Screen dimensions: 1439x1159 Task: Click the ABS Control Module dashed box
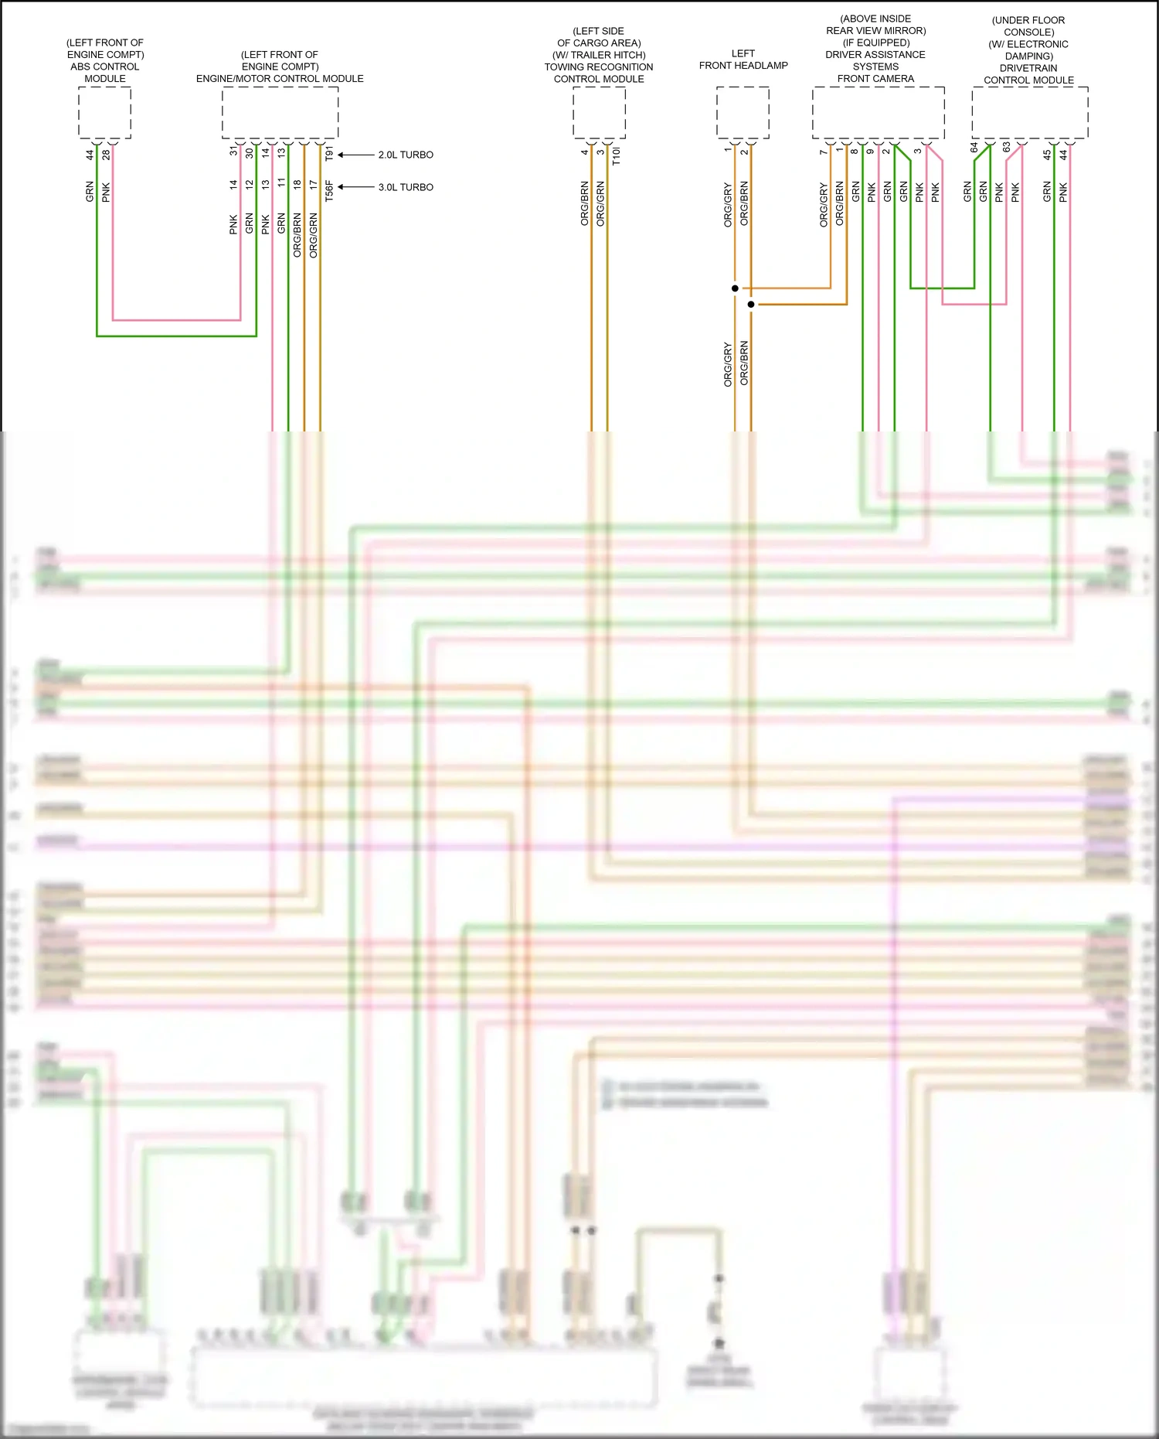point(104,113)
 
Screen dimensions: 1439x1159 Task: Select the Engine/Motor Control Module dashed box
point(280,113)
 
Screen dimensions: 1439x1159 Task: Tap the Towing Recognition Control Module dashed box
point(599,113)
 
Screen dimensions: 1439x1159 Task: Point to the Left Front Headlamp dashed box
point(743,113)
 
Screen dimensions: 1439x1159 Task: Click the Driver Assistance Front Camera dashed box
point(878,113)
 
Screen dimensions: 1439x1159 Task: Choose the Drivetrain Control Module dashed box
point(1029,113)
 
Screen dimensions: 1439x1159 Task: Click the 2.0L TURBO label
point(406,155)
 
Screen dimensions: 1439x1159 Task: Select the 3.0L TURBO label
point(406,187)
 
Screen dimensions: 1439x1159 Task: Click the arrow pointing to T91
point(355,155)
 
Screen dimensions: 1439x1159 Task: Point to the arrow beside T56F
point(355,187)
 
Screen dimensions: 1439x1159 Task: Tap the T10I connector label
point(616,156)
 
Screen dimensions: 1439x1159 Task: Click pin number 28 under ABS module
point(106,155)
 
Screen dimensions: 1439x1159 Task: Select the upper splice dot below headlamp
point(735,288)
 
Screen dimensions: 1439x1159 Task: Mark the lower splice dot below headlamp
point(751,305)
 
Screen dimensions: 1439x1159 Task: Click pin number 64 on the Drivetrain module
point(974,147)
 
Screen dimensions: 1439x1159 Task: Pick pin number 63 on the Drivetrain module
point(1006,147)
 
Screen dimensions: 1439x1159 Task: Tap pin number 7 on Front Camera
point(824,152)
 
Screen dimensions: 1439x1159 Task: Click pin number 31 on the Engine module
point(233,152)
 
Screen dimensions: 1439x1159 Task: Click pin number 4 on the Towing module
point(584,152)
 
